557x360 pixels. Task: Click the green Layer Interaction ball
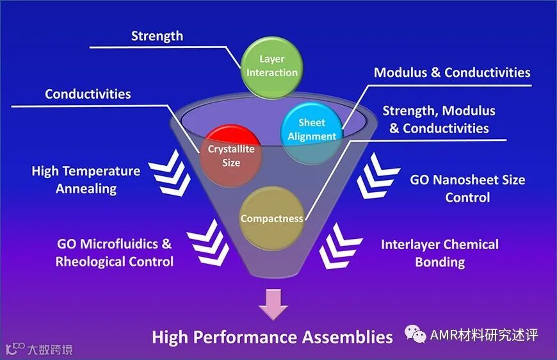(271, 65)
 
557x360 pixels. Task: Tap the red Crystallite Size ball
(231, 156)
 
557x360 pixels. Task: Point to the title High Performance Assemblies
(272, 337)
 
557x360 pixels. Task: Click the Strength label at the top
(157, 36)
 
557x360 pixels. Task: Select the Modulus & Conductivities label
(452, 72)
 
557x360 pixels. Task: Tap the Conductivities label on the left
(88, 94)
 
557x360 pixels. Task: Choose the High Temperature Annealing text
(86, 180)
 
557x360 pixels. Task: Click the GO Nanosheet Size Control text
(467, 188)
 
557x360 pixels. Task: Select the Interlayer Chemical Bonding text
(439, 253)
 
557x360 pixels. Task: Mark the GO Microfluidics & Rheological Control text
(115, 252)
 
